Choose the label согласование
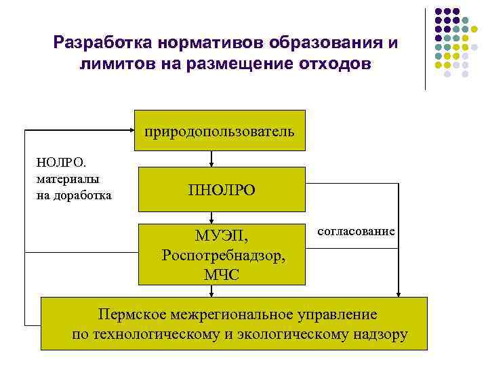356,231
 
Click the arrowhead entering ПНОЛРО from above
211,163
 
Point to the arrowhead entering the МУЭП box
211,220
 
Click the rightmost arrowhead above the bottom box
399,293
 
